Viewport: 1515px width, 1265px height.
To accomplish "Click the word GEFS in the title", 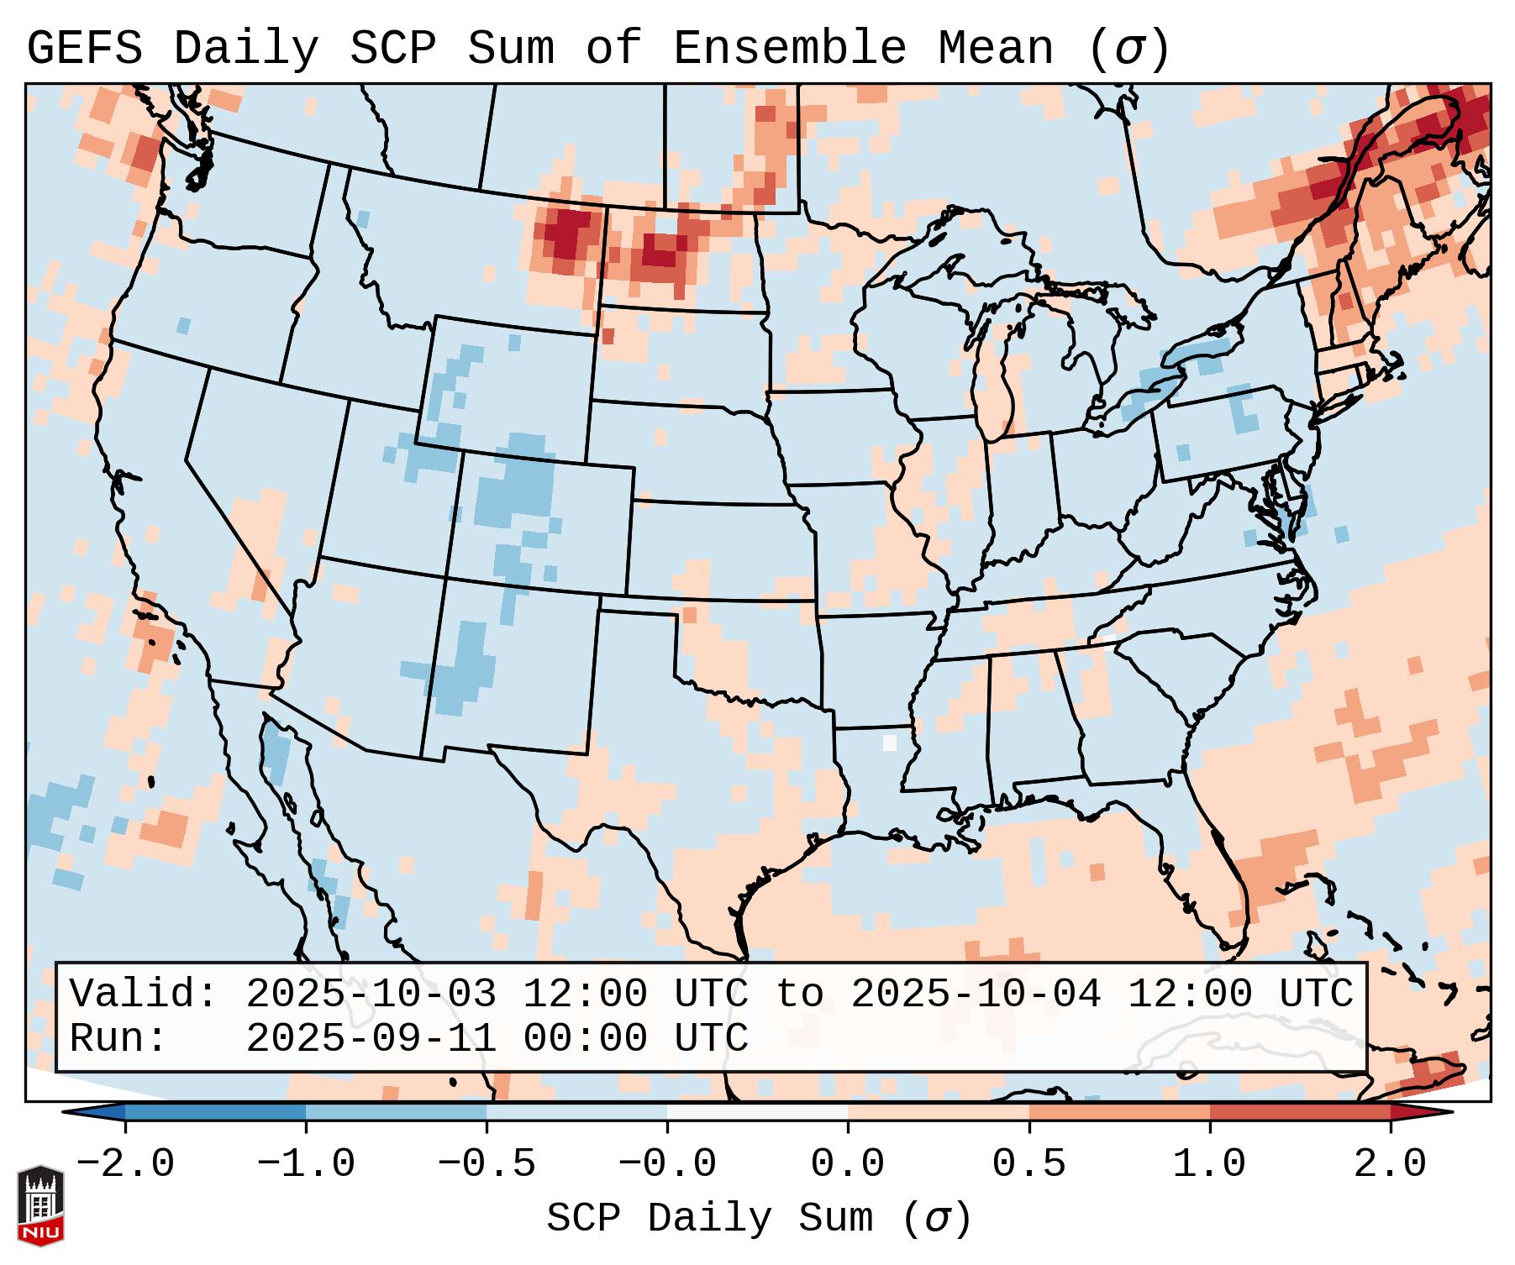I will tap(84, 49).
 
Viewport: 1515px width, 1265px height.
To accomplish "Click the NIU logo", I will tap(40, 1205).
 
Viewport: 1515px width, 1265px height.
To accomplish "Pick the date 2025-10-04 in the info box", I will tap(976, 995).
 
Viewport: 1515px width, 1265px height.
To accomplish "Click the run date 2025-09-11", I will tap(371, 1039).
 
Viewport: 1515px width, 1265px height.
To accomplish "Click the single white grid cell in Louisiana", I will tap(890, 743).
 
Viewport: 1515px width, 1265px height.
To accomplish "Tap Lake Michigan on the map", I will tap(997, 370).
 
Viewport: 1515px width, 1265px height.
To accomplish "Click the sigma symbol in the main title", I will tap(1128, 49).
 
